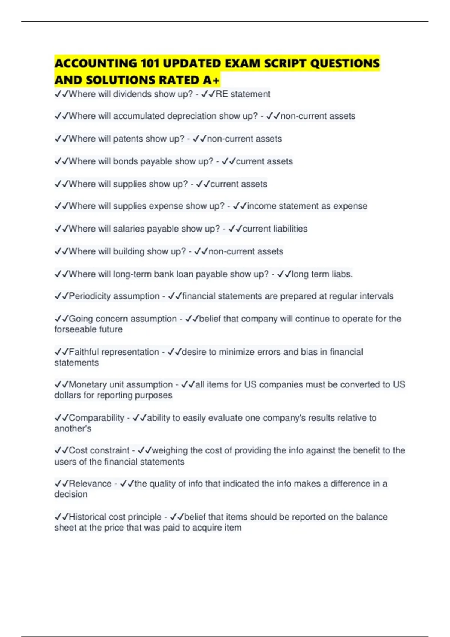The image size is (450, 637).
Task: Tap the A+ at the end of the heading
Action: click(x=211, y=80)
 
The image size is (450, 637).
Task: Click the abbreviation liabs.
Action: click(x=342, y=274)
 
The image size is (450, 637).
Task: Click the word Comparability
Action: click(x=96, y=418)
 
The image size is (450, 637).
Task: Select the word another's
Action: click(x=73, y=429)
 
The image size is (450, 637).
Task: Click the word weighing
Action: click(x=169, y=450)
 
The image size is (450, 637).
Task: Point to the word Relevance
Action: click(x=90, y=484)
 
